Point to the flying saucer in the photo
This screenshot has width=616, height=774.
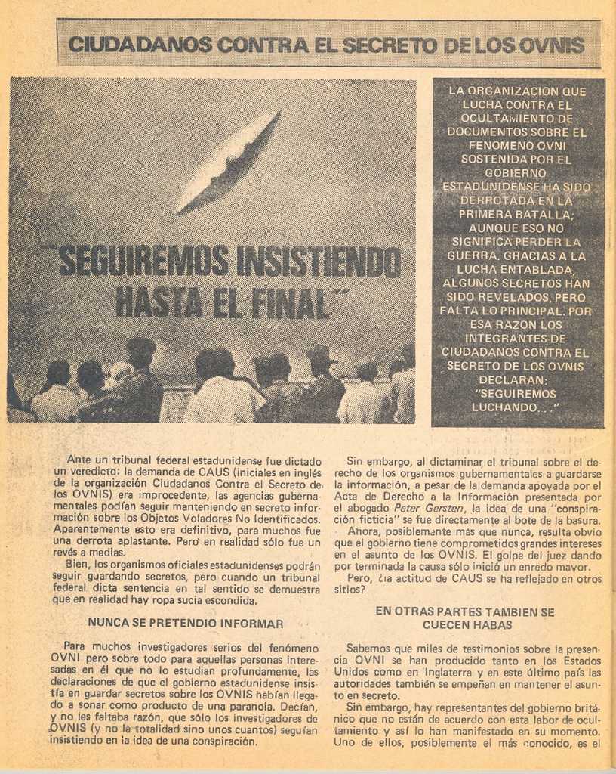click(x=226, y=163)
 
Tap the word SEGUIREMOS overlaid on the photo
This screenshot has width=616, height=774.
click(x=145, y=262)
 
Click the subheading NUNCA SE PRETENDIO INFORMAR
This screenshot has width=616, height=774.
click(x=186, y=624)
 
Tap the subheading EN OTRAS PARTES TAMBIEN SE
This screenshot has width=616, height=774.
click(x=465, y=611)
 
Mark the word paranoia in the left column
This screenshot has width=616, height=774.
click(x=226, y=706)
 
